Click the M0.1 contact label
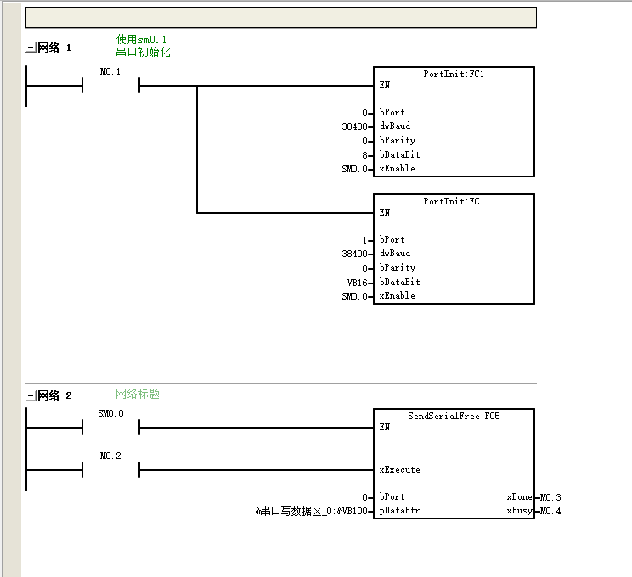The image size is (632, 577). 110,71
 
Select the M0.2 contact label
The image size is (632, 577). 110,456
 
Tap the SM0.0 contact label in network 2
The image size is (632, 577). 110,413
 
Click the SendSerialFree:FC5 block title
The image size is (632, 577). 454,416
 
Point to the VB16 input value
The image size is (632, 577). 357,283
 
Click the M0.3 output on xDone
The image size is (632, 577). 550,497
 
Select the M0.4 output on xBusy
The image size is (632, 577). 550,511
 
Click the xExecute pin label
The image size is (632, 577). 399,470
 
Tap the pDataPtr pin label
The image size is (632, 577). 399,511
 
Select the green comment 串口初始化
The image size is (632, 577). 143,52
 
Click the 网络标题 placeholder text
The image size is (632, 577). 138,394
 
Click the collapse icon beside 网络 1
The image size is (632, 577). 31,48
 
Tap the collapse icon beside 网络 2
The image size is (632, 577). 31,395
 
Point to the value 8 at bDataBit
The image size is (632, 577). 364,155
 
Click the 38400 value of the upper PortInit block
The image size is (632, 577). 355,126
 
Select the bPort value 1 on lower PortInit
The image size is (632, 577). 364,240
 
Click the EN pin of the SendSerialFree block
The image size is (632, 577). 385,427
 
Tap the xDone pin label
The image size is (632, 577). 520,497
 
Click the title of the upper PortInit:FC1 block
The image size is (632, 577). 454,74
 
